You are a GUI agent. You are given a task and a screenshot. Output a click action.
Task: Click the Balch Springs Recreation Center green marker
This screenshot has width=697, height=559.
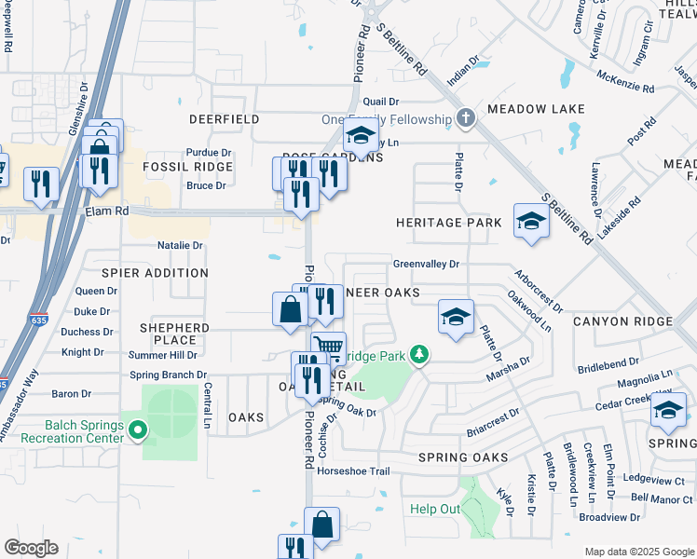[x=138, y=429]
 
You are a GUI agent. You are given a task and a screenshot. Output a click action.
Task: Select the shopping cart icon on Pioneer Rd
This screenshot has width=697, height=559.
[x=328, y=348]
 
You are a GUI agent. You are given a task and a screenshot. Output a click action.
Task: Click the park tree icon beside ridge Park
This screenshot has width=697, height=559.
[x=420, y=354]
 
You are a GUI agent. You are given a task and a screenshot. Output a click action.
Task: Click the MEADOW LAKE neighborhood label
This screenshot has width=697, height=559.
[x=536, y=109]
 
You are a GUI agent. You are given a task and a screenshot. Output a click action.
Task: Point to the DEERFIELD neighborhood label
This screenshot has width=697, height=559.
[x=224, y=120]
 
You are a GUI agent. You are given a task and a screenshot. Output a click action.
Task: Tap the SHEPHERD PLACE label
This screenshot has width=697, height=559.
[x=174, y=334]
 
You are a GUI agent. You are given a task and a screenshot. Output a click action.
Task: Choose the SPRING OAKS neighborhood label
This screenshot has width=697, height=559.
[x=463, y=457]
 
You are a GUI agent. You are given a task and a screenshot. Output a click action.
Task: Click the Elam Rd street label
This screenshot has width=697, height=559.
[x=109, y=211]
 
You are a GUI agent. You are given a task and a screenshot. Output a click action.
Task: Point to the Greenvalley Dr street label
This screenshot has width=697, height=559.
[x=426, y=264]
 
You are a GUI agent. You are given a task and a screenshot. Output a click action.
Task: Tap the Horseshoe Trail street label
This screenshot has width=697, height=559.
[x=353, y=471]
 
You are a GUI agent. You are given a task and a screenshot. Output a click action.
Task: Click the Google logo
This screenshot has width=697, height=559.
[x=31, y=548]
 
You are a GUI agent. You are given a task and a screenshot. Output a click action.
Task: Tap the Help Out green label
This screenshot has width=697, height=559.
[x=435, y=509]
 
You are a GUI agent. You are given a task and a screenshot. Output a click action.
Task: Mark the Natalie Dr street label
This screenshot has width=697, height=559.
[x=180, y=246]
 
